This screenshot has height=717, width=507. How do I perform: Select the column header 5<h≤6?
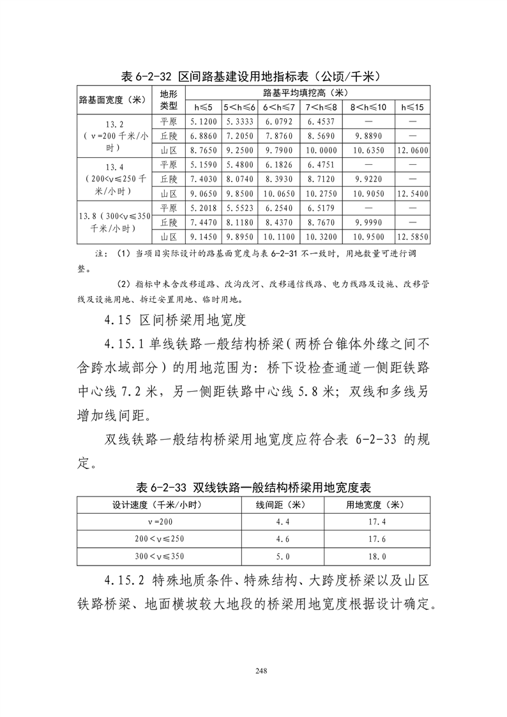tap(239, 107)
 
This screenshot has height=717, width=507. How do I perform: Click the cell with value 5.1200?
tap(204, 121)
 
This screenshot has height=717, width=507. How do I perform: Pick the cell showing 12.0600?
tap(412, 151)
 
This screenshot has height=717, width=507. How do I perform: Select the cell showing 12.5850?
tap(412, 237)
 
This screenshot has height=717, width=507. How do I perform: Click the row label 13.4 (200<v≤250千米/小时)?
tap(116, 180)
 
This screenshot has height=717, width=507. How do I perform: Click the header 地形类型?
tap(169, 100)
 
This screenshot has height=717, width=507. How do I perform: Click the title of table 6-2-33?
tap(253, 487)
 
